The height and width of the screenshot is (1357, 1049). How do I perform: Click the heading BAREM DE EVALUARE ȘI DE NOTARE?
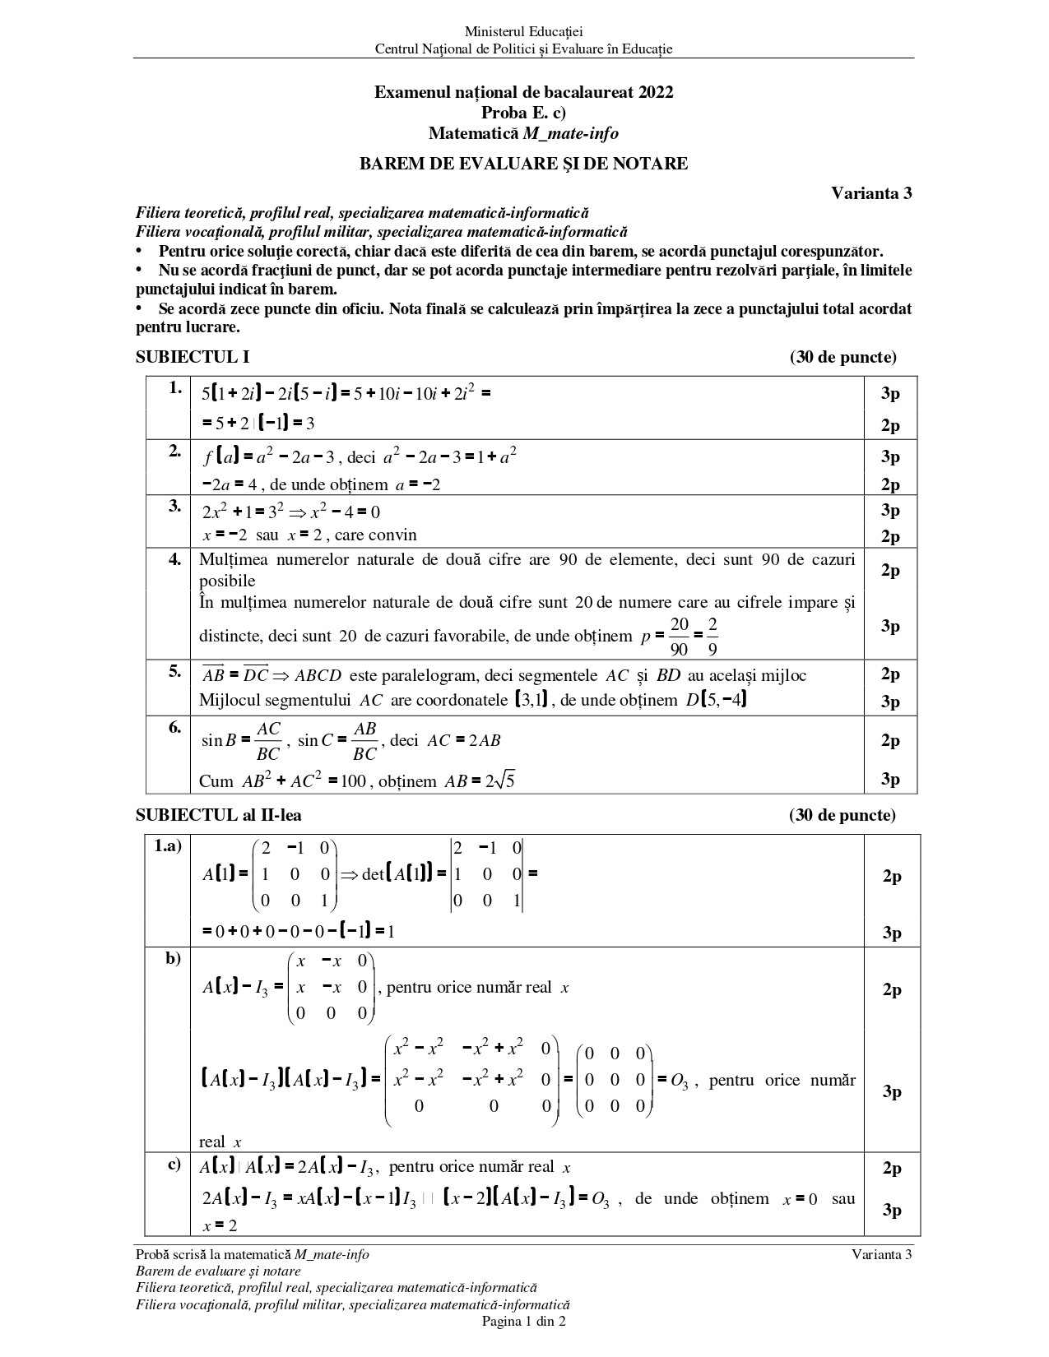[523, 164]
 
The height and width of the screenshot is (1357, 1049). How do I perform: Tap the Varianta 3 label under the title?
[871, 194]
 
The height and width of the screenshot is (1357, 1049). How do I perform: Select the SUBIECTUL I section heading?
[193, 357]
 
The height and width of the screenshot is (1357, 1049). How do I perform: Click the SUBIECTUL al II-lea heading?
[218, 815]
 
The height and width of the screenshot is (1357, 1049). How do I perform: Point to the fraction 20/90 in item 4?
[679, 637]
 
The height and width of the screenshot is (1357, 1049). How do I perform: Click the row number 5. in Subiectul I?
[174, 671]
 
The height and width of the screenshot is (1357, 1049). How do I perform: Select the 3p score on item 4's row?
[890, 626]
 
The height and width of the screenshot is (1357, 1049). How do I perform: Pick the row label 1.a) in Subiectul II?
[168, 846]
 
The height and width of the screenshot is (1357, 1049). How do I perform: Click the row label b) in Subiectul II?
[173, 958]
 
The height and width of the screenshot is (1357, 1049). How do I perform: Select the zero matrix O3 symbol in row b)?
[679, 1081]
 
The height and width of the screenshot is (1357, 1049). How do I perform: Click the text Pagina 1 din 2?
[523, 1322]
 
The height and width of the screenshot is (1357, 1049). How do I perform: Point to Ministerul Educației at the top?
[523, 31]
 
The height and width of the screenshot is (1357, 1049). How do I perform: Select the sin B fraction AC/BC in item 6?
[268, 740]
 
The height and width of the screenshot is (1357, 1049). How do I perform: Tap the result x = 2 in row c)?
[220, 1225]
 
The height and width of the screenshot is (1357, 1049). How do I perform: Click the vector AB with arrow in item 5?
[213, 674]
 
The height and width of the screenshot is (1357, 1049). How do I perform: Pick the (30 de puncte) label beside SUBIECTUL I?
[842, 357]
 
